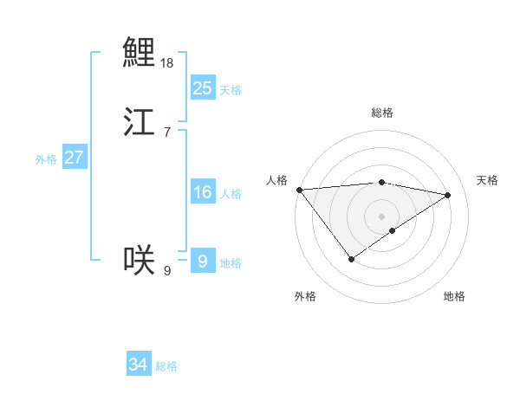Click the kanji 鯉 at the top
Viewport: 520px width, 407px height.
[139, 52]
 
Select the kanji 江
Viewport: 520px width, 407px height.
[139, 122]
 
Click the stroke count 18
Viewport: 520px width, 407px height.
[167, 63]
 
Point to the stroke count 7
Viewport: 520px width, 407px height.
[166, 132]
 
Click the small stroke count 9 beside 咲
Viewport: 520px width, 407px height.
[167, 271]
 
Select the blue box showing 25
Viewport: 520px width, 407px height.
[202, 88]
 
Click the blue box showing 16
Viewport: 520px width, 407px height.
[202, 192]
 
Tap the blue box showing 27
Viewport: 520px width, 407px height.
[74, 158]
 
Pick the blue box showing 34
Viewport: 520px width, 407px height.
[139, 365]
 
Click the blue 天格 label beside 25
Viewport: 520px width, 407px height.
[231, 90]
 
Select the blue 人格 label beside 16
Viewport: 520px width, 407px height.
[231, 194]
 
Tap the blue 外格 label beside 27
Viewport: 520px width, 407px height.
[46, 159]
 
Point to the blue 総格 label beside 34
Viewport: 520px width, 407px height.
[166, 366]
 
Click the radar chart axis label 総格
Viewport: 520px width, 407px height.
[382, 113]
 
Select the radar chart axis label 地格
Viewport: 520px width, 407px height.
[454, 297]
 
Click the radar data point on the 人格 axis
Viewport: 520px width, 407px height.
[299, 190]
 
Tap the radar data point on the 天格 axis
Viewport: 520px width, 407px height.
[448, 196]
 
